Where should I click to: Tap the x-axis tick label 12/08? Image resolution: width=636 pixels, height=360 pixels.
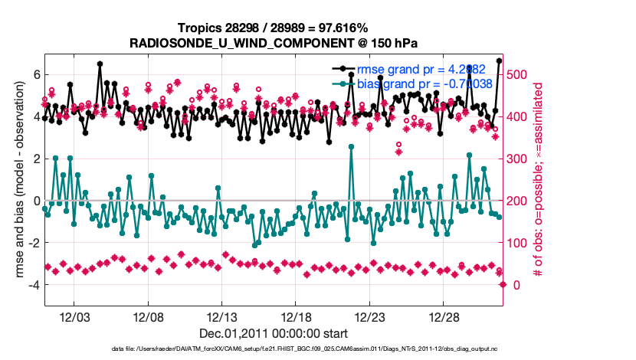click(149, 317)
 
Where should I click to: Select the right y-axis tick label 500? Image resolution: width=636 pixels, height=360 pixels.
click(521, 74)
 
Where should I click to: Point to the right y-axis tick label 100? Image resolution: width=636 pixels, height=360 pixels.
click(521, 243)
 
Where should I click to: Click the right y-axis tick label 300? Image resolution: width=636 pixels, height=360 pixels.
click(521, 159)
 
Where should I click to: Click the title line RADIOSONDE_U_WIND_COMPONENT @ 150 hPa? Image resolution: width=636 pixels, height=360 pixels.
click(274, 43)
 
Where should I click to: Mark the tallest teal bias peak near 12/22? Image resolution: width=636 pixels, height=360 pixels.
click(351, 146)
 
